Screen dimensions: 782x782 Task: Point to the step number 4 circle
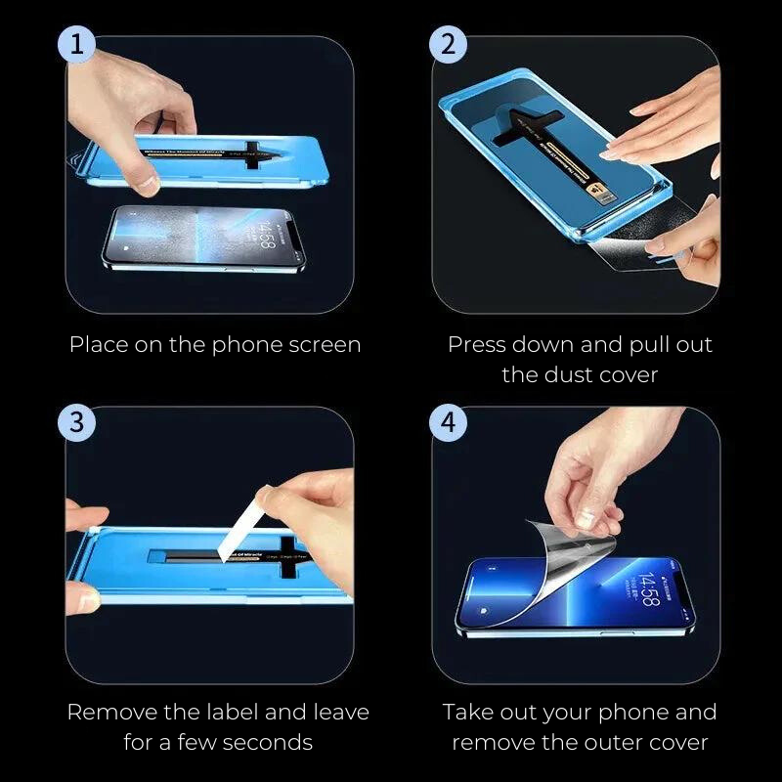tap(449, 423)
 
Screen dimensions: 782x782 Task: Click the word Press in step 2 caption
tap(478, 345)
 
